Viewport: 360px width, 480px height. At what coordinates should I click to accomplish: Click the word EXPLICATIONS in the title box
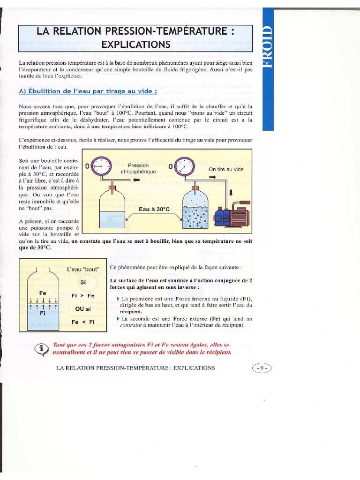coord(135,45)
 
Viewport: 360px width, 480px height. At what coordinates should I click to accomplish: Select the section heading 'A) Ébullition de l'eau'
coord(88,91)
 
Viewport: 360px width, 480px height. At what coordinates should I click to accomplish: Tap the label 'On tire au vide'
coord(226,169)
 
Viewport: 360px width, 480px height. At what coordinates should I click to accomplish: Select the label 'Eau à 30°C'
coord(154,209)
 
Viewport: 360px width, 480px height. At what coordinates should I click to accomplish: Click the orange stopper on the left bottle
coord(112,188)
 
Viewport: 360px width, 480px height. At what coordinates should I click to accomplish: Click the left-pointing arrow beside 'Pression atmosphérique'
coord(136,180)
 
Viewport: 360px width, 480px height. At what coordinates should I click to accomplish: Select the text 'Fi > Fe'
coord(83,296)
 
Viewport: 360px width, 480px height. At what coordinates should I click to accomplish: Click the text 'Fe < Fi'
coord(83,322)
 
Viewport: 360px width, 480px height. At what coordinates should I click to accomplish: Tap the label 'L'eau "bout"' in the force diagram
coord(83,270)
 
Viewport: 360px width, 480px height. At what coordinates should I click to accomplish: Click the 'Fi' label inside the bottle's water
coord(43,313)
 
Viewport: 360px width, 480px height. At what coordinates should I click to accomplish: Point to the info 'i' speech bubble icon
coord(43,349)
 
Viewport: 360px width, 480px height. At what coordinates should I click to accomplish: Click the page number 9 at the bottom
coord(262,368)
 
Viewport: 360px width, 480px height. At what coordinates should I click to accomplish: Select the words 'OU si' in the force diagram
coord(83,309)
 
